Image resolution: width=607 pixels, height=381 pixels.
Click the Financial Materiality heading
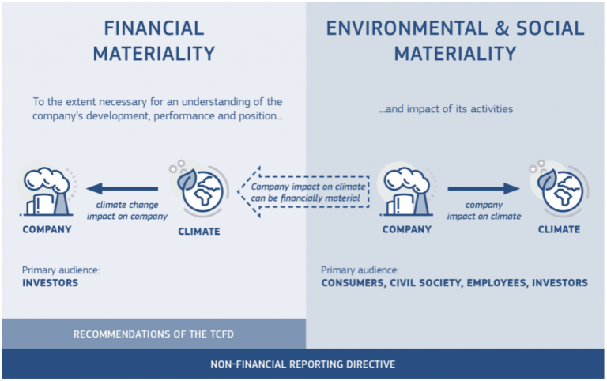coord(153,40)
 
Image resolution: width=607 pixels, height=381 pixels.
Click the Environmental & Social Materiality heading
coord(455,40)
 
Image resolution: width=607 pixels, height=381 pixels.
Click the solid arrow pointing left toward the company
coord(123,189)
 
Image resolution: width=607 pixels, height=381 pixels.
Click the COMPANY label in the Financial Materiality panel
coord(47,230)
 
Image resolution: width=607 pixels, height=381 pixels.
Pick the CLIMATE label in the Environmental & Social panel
coord(560,230)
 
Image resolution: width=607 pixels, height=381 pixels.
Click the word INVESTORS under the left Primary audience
coord(51,282)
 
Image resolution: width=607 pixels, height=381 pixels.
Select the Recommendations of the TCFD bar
coord(153,334)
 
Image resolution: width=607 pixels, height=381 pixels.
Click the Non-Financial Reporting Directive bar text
coord(303,364)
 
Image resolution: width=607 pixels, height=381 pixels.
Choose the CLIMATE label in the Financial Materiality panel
coord(198,232)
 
